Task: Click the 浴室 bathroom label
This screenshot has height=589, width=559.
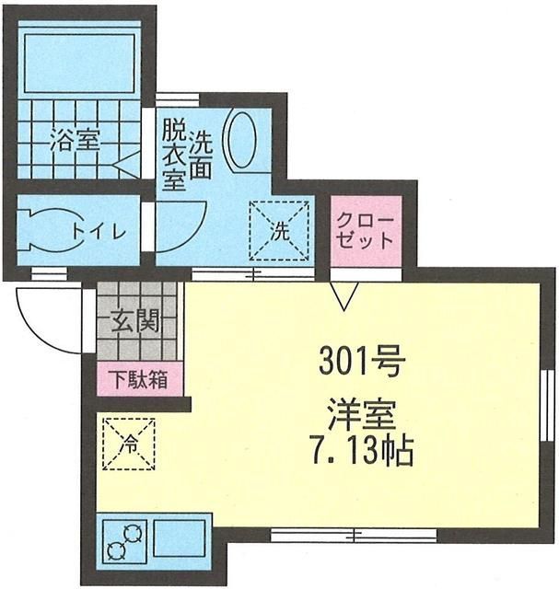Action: coord(76,140)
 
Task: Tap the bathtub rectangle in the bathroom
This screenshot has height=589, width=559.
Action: coord(79,63)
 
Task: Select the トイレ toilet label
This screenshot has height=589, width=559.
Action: coord(99,232)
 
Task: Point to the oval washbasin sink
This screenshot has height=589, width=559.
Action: coord(243,140)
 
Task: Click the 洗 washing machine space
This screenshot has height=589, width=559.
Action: coord(279,231)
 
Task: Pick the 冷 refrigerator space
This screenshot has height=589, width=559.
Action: coord(129,444)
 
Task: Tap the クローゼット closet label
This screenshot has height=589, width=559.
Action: coord(365,231)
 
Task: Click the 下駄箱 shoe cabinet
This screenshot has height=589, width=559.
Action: coord(140,379)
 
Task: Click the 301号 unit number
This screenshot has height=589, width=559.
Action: coord(362,362)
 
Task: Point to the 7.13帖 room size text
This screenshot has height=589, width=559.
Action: coord(361,451)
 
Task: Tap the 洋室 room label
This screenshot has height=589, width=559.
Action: coord(362,416)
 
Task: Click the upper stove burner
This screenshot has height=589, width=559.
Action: coord(133,534)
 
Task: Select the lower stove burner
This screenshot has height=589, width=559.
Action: coord(115,551)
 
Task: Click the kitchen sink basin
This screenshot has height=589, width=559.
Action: coord(180,538)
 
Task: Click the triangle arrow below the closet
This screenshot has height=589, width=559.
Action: coord(344,296)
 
